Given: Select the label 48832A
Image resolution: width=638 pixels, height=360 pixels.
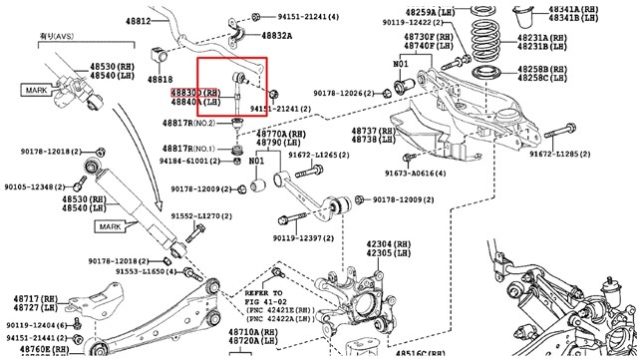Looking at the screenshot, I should coord(276,35).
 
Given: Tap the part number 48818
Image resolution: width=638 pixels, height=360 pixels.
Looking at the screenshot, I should coord(159,78).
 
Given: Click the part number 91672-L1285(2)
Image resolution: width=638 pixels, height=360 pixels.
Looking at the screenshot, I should coord(563,155).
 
